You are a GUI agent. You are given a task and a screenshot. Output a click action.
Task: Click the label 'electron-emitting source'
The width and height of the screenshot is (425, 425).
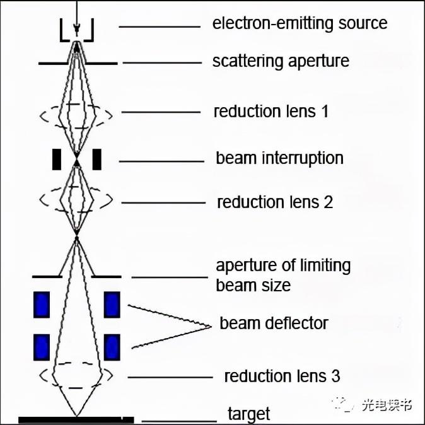click(x=300, y=24)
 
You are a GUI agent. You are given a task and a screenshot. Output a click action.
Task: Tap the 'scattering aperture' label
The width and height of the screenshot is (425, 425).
click(x=281, y=62)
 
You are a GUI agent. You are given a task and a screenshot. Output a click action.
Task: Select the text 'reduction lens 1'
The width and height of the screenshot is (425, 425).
click(x=271, y=112)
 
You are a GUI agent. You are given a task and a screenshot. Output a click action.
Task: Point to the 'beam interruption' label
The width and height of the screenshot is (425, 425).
click(x=279, y=158)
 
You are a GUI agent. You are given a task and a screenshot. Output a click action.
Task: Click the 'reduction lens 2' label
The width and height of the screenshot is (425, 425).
click(x=274, y=202)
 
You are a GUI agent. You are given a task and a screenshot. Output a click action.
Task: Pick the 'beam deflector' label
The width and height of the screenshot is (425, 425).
click(x=274, y=323)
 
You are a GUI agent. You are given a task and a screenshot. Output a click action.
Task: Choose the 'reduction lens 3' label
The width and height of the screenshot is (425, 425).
click(x=282, y=376)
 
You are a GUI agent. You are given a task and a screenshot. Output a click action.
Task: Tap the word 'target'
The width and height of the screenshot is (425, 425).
click(x=248, y=414)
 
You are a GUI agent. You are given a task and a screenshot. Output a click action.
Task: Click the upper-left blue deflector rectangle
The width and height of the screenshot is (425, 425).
click(x=42, y=304)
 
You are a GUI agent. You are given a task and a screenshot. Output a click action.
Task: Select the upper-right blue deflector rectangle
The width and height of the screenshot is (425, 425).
click(x=112, y=304)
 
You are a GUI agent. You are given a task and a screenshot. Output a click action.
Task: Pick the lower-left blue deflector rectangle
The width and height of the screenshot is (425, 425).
click(x=42, y=346)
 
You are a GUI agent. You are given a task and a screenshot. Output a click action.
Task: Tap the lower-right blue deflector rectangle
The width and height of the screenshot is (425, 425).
click(x=112, y=346)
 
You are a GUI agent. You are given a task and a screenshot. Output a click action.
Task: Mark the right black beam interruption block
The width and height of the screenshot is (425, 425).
click(x=96, y=160)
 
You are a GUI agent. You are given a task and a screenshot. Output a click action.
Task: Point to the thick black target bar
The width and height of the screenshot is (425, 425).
click(x=76, y=419)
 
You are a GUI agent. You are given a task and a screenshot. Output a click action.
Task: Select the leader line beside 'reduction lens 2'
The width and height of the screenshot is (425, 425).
click(x=163, y=203)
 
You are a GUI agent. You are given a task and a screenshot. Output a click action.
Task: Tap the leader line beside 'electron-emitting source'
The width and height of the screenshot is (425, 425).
click(x=159, y=26)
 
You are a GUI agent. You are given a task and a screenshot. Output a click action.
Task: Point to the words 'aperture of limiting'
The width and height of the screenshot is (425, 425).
click(x=283, y=265)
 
